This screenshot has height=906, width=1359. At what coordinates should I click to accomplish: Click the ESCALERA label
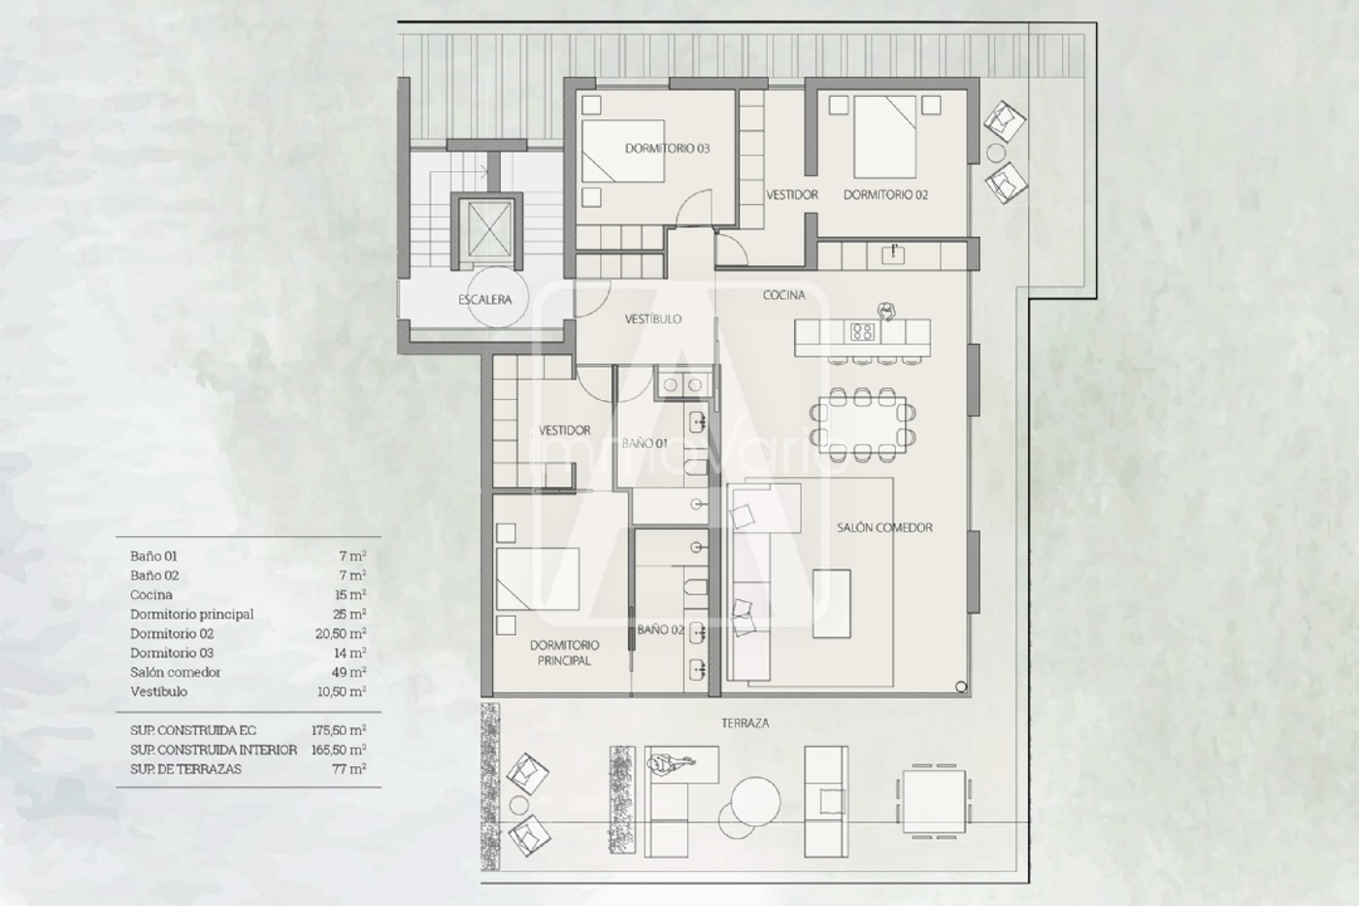[x=484, y=299]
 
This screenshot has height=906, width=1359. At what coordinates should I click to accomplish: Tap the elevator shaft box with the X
[x=486, y=230]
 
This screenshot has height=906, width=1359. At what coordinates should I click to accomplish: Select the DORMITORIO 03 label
[x=668, y=149]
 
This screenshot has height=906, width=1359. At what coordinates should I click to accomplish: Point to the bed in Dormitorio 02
[x=884, y=137]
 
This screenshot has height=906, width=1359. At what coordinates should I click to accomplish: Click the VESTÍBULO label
[x=653, y=319]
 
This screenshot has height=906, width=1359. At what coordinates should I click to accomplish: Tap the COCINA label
[x=784, y=295]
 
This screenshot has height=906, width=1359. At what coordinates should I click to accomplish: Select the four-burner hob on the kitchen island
[x=862, y=332]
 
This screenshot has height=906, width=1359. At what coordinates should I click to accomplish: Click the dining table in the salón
[x=862, y=424]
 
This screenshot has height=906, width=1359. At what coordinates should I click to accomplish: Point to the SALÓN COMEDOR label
[x=884, y=527]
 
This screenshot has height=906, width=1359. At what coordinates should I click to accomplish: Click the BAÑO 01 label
[x=645, y=444]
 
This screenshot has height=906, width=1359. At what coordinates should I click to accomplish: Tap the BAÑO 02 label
[x=661, y=630]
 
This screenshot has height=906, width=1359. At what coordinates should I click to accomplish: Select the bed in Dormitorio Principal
[x=538, y=579]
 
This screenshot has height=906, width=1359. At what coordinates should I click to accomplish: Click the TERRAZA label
[x=746, y=722]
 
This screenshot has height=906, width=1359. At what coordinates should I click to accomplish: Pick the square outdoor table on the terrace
[x=934, y=801]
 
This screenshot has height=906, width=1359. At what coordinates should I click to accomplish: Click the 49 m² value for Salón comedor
[x=352, y=672]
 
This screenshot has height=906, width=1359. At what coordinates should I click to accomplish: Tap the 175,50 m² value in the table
[x=339, y=730]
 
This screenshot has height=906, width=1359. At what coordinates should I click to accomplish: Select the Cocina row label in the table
[x=151, y=594]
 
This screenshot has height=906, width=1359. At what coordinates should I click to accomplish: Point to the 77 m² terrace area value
[x=351, y=769]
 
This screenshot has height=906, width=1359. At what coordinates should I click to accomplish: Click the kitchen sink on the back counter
[x=893, y=254]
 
